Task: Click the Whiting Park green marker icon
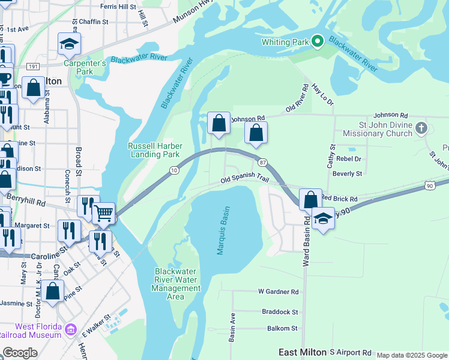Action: pos(318,41)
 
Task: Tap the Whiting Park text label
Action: pos(285,42)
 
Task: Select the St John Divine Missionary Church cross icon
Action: pos(422,128)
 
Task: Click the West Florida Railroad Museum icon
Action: pos(71,329)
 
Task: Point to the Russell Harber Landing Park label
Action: pos(154,150)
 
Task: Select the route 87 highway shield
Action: pos(262,163)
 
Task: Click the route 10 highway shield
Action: pos(173,171)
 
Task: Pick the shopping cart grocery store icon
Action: pos(104,212)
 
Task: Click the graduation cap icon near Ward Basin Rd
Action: pos(323,218)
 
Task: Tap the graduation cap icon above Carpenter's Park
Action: pos(69,43)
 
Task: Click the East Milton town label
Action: pos(302,352)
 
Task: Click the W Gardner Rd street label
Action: pos(278,292)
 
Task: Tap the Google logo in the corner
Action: pos(20,353)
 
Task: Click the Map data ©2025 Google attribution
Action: pos(412,355)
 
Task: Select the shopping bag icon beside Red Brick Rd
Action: pos(310,199)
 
